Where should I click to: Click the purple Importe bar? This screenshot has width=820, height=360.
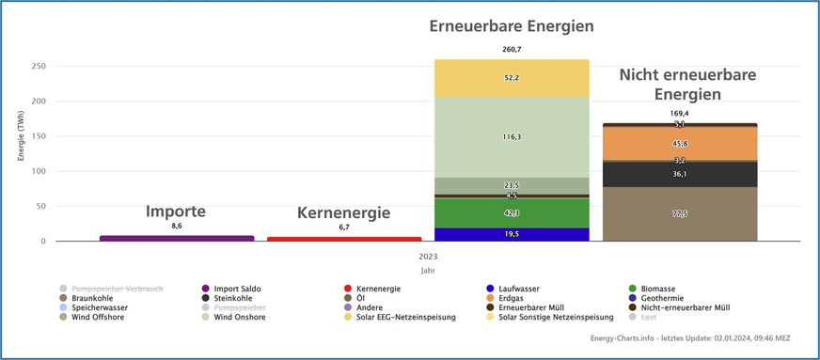[177, 238]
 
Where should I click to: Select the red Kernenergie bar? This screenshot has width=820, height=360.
[344, 239]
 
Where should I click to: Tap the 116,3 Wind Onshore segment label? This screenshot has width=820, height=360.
[512, 136]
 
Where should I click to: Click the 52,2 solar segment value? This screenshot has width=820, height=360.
[512, 78]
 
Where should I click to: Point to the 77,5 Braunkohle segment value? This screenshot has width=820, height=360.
[679, 214]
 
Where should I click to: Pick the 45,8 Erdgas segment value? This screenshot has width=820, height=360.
[679, 143]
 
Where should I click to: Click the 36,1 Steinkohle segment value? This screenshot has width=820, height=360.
[679, 174]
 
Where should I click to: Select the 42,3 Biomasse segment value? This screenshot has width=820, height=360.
[512, 213]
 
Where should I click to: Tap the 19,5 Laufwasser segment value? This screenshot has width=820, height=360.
[512, 234]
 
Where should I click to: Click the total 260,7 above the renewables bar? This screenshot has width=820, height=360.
[512, 49]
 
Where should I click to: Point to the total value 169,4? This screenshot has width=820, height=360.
[679, 113]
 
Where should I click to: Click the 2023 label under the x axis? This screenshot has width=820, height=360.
[428, 256]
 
